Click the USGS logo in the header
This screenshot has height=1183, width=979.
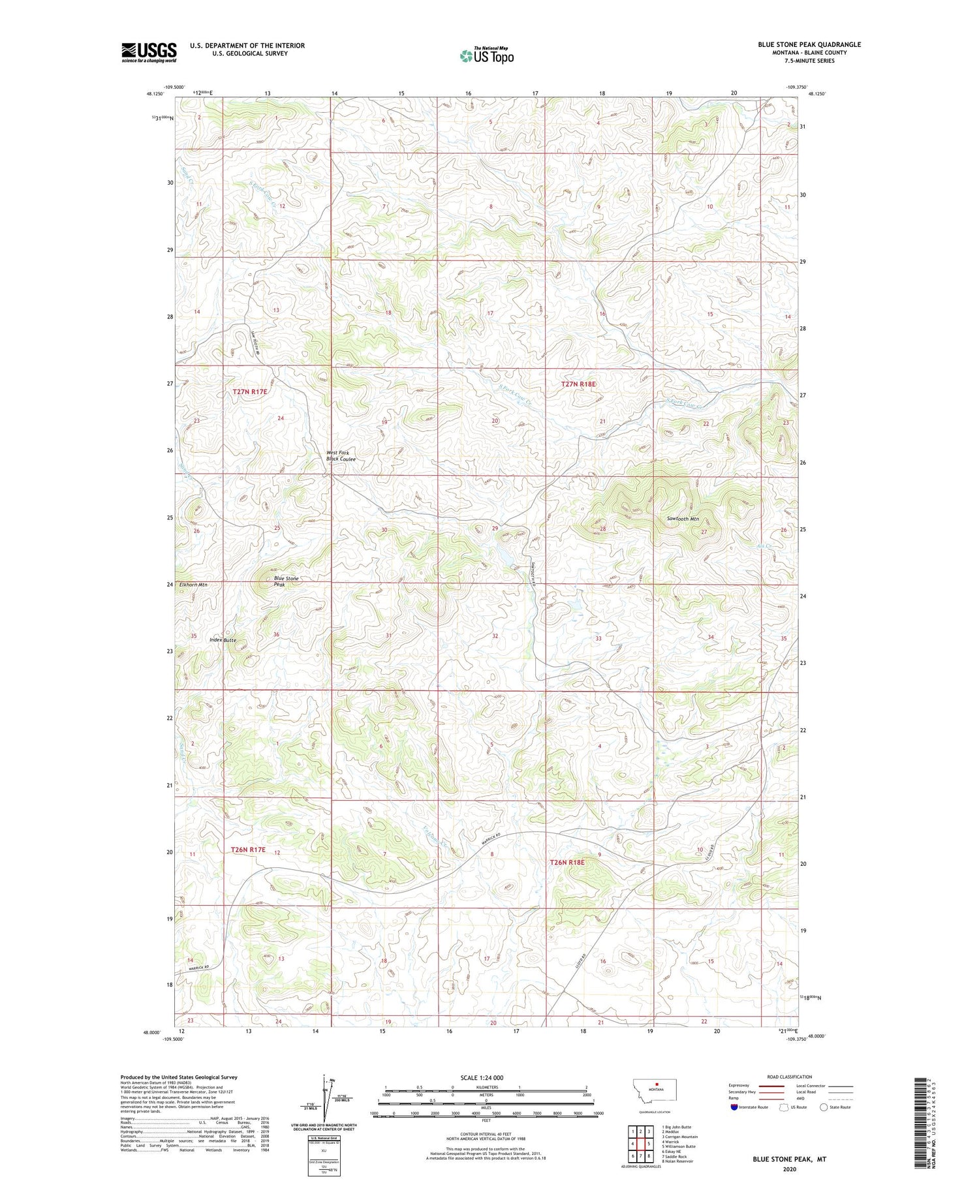(149, 52)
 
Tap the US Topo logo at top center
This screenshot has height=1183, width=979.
(486, 56)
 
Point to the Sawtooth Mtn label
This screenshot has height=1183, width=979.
(683, 519)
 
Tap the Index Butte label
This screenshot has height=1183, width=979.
(223, 640)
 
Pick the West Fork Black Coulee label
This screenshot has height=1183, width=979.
(341, 456)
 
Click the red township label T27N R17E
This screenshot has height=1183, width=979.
(250, 392)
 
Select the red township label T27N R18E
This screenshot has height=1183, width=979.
(578, 384)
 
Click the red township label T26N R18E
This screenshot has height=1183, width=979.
(568, 862)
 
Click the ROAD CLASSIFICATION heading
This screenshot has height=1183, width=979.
(789, 1077)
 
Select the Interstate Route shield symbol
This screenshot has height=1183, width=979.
(734, 1107)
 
